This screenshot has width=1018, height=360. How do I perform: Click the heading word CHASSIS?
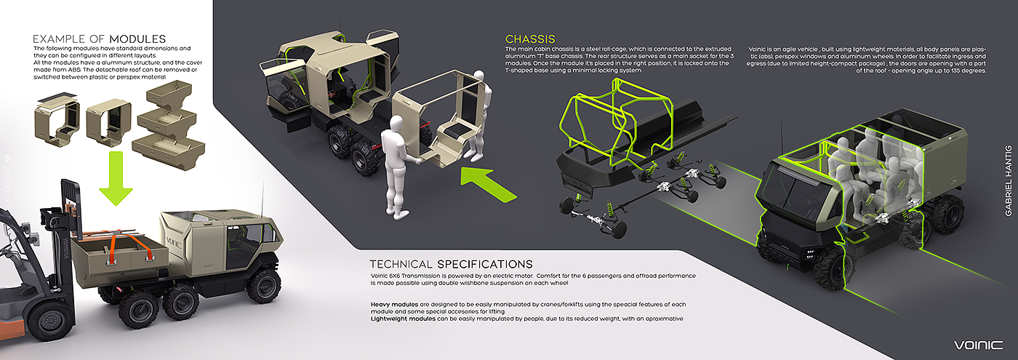coord(530,39)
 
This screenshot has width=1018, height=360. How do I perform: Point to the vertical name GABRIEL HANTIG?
coord(1007,181)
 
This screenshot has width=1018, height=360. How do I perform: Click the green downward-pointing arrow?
coord(115,177)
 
